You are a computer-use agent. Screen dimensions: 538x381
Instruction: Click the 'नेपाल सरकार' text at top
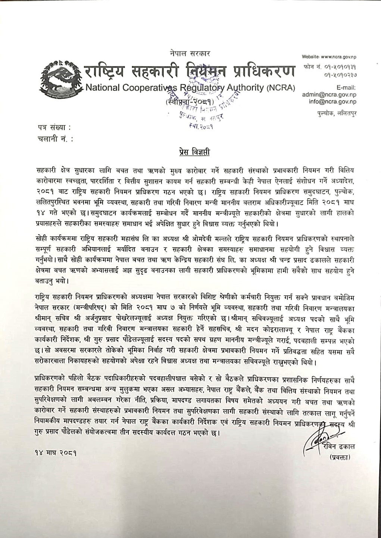point(189,55)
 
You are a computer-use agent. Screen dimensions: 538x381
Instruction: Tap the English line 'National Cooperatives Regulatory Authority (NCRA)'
point(190,88)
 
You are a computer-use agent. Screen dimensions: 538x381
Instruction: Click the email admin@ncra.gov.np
point(329,95)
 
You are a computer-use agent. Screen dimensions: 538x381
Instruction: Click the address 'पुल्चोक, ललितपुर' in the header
point(335,113)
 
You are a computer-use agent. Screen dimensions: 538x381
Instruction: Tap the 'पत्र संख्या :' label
point(54,129)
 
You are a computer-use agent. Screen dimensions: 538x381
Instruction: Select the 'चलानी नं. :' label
point(56,139)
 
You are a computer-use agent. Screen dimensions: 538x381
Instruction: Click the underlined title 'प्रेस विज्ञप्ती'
point(193,152)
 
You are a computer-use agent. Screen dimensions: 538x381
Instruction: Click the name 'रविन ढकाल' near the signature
point(338,446)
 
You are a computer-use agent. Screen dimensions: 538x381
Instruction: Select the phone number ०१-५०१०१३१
point(340,67)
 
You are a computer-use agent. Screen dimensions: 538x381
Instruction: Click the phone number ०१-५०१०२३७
point(340,75)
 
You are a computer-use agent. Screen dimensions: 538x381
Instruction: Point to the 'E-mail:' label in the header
point(346,88)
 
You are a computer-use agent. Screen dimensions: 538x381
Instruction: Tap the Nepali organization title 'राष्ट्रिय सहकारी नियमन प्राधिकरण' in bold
point(189,71)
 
